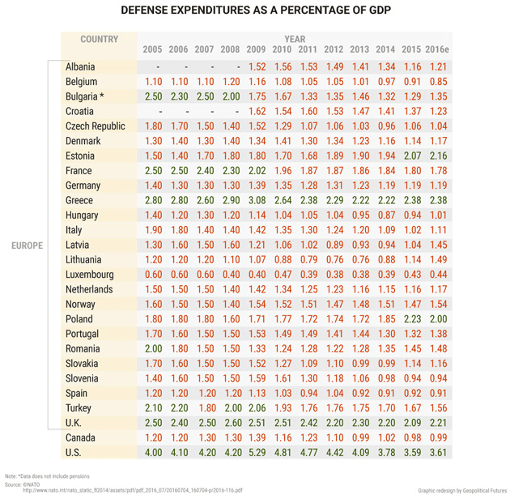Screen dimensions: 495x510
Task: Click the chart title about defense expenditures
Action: click(255, 11)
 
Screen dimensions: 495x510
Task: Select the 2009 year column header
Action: click(256, 50)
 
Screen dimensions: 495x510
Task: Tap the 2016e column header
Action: click(438, 50)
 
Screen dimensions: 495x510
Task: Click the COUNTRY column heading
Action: click(100, 39)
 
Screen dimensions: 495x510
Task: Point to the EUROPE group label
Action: click(27, 245)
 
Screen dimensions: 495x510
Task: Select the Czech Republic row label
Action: click(96, 126)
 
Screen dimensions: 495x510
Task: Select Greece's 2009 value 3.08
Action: click(257, 201)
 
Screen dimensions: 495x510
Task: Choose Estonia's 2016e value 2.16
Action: click(438, 156)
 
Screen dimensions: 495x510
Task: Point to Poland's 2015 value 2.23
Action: click(412, 320)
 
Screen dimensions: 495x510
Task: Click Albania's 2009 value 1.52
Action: click(257, 67)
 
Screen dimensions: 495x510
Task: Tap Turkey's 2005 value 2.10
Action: click(153, 409)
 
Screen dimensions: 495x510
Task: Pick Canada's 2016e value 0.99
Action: click(438, 438)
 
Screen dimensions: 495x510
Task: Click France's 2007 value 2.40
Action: click(205, 171)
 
